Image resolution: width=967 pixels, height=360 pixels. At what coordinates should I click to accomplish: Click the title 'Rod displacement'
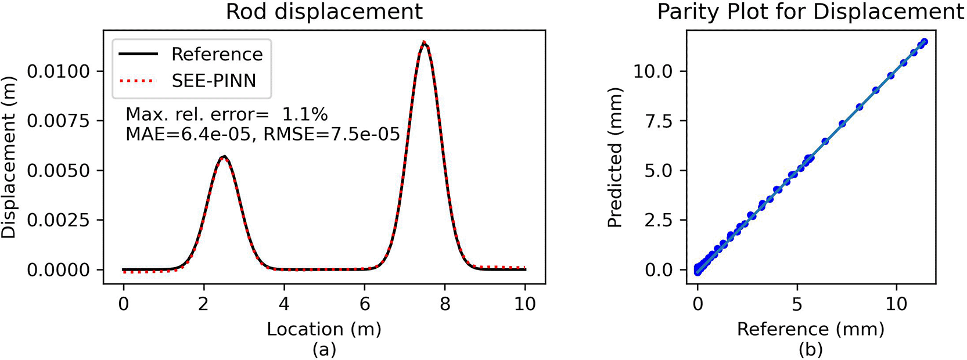click(x=324, y=12)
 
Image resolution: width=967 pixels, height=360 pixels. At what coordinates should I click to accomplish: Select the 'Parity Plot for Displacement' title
click(x=810, y=12)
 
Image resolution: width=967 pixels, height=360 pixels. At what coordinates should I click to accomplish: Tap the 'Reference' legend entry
click(x=217, y=55)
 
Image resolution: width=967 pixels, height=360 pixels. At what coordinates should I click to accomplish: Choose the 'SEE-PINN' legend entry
click(x=213, y=81)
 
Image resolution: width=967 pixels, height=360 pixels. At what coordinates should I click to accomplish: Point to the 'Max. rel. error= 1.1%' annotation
click(x=227, y=114)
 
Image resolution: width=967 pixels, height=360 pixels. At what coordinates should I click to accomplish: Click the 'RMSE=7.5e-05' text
click(x=332, y=135)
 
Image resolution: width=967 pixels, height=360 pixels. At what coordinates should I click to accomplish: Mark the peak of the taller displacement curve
click(x=425, y=42)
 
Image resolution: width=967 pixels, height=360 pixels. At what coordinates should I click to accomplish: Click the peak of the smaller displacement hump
click(x=224, y=157)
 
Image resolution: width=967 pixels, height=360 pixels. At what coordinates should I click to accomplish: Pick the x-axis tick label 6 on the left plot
click(x=364, y=304)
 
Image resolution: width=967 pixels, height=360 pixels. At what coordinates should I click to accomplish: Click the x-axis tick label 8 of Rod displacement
click(x=445, y=304)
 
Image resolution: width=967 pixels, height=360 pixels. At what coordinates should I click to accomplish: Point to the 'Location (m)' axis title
click(x=324, y=329)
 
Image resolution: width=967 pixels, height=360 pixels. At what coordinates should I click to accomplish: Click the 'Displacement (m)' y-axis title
click(x=9, y=157)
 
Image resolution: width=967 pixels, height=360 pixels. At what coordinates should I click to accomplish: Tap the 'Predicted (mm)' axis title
click(x=614, y=157)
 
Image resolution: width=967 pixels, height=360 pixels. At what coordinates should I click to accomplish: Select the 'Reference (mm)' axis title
click(x=810, y=329)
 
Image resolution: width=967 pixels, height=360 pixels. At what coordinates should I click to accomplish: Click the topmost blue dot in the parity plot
click(x=924, y=42)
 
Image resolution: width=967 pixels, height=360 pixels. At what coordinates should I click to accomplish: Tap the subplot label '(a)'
click(x=324, y=350)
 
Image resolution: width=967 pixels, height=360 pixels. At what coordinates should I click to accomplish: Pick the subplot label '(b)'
click(x=810, y=350)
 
